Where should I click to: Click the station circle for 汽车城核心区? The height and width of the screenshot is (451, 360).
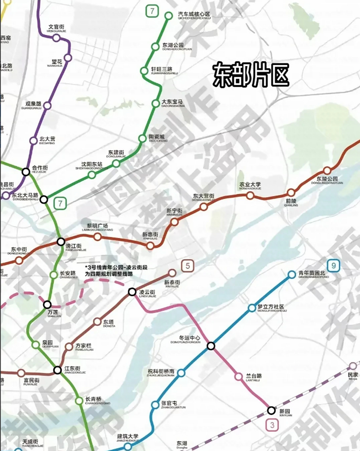pos(169,16)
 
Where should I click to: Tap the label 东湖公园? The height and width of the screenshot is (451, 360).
pos(173,45)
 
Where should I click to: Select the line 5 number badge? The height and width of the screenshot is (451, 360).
pos(188,266)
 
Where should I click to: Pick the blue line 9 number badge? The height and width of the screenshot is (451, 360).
pos(333,266)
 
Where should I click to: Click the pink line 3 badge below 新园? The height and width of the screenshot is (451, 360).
pos(272,425)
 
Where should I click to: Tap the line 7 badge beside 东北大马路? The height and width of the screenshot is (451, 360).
pos(61,203)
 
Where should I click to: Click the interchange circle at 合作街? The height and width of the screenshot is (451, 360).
pos(26,172)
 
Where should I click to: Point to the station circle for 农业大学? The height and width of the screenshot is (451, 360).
pos(250,195)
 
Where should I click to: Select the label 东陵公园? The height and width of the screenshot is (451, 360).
pos(327,179)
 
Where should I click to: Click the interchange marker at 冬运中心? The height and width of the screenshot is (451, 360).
pos(211,346)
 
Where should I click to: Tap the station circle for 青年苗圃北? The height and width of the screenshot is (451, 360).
pos(292,274)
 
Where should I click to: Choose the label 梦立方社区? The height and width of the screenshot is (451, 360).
pos(271,307)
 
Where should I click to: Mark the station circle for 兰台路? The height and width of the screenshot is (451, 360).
pos(238,377)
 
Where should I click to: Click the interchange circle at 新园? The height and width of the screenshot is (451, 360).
pos(271,410)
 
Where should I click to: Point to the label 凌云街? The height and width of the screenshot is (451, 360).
pos(147,292)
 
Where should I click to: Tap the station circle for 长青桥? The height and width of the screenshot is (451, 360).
pos(79,401)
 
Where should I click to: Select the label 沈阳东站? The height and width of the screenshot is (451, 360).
pos(92,164)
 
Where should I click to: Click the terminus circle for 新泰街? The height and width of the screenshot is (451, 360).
pos(172,273)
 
